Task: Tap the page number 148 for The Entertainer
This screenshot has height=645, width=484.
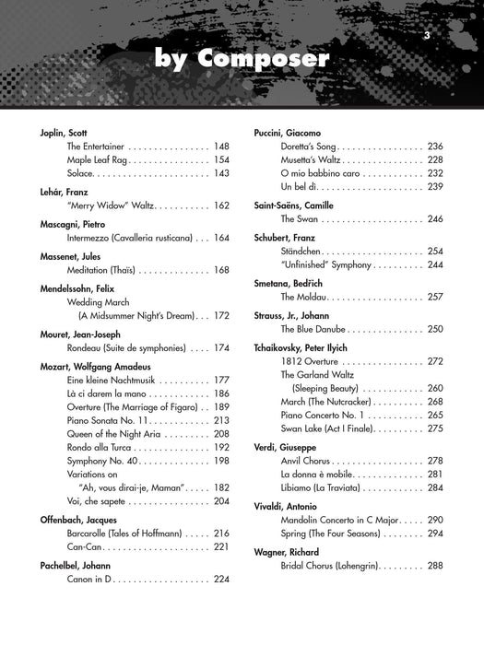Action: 221,147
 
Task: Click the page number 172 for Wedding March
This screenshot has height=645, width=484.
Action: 221,315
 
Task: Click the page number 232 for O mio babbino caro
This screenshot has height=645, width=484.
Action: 436,172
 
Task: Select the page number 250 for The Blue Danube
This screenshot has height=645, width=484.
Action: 436,329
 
